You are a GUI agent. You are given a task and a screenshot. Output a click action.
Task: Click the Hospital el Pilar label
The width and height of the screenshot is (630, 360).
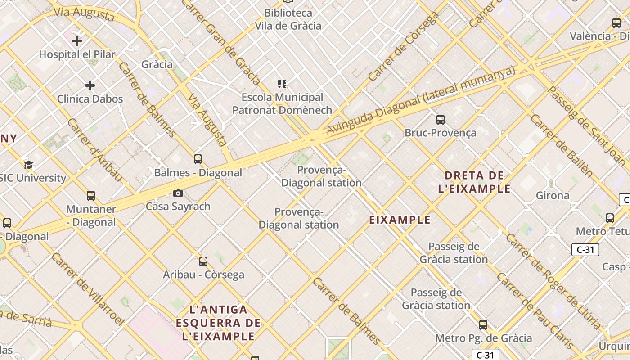77,54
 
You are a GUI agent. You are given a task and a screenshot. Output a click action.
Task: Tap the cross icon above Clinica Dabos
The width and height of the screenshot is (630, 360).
90,85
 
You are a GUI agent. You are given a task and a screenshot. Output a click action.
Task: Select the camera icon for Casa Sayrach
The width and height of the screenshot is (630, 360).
178,193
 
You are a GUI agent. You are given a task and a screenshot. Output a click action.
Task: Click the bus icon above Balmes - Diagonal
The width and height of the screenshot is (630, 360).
198,159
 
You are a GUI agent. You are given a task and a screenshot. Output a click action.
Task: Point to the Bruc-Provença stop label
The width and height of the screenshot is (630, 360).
440,133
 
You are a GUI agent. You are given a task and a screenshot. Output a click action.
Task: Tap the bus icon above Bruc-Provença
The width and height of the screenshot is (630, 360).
441,120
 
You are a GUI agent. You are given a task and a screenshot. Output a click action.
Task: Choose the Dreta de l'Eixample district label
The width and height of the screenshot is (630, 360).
474,182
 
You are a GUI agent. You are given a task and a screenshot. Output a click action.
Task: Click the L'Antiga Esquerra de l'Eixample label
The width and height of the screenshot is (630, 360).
219,323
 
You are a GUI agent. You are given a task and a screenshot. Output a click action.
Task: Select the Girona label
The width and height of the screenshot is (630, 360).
553,195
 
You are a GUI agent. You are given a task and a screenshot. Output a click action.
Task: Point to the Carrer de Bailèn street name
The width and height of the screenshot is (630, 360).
561,144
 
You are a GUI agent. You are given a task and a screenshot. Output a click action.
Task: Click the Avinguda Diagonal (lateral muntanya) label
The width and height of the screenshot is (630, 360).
420,100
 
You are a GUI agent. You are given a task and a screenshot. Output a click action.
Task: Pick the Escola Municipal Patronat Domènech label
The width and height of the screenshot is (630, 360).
282,103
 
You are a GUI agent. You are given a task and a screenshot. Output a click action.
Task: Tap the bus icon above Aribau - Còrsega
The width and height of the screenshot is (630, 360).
203,261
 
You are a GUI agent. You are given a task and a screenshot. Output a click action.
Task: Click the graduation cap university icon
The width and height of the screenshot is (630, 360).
28,165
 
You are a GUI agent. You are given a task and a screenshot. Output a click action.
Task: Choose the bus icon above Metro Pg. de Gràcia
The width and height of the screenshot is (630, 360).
483,324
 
